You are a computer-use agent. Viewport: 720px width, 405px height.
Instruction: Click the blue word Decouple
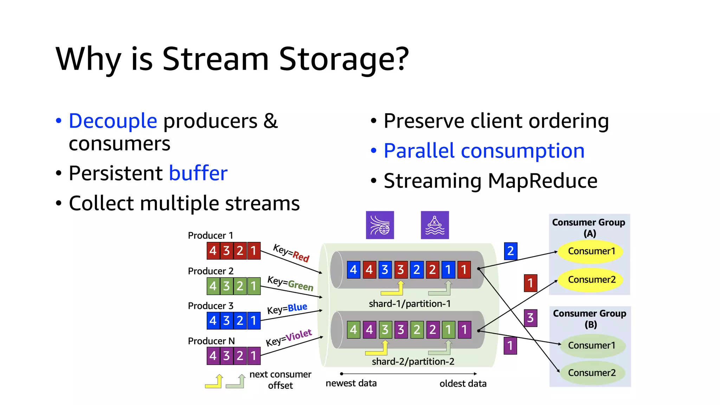coord(112,121)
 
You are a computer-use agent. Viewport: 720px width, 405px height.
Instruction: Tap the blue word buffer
coord(198,173)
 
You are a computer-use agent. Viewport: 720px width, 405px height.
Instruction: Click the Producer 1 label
coord(210,235)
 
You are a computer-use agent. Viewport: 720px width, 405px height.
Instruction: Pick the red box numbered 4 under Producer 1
coord(213,251)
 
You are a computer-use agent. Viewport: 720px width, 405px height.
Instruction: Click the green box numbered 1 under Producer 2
coord(253,286)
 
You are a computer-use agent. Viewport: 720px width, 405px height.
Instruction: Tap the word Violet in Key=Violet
coord(298,336)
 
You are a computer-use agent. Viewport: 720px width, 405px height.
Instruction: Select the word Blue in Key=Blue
coord(297,308)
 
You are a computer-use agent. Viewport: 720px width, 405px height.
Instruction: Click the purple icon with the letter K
coord(435,225)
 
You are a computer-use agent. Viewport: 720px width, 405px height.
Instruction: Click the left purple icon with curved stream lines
coord(380,225)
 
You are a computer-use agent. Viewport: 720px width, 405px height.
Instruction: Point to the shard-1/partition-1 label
coord(410,304)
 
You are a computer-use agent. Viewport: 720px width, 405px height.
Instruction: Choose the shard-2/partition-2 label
coord(413,361)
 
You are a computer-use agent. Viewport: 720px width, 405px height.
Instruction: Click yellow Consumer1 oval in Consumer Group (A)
coord(591,251)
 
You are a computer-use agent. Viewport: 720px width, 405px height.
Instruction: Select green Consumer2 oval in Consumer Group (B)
coord(591,373)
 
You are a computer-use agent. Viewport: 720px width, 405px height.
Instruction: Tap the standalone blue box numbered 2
coord(510,251)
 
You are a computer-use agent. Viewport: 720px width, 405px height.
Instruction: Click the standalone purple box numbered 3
coord(530,318)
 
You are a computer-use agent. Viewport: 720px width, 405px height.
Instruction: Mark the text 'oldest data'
coord(463,384)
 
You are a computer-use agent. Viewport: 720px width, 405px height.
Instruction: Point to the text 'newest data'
coord(351,383)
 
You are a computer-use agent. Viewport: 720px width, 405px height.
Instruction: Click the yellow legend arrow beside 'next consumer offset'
coord(214,382)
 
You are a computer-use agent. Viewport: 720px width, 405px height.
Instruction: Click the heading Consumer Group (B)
coord(589,319)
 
